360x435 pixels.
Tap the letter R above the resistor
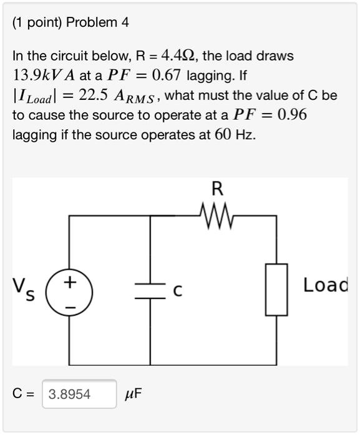pyautogui.click(x=217, y=189)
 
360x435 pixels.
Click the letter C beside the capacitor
pyautogui.click(x=178, y=291)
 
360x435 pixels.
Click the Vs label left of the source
pyautogui.click(x=26, y=288)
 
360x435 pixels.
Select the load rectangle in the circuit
pyautogui.click(x=276, y=289)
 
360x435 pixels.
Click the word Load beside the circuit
pyautogui.click(x=325, y=286)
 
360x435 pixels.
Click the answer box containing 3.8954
pyautogui.click(x=79, y=394)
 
